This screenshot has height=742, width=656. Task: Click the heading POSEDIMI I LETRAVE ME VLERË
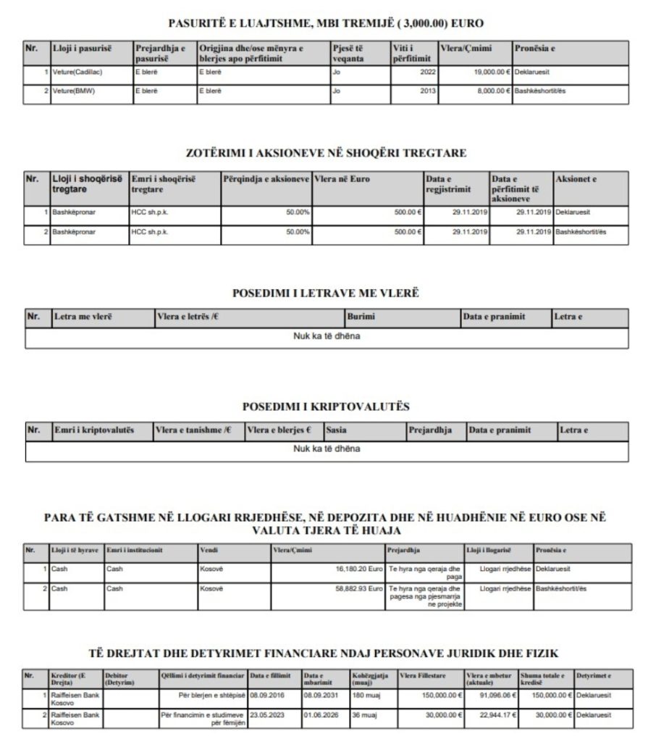326,293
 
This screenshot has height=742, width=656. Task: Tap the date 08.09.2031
316,695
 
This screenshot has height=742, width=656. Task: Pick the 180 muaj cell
363,695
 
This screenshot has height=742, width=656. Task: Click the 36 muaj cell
361,714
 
